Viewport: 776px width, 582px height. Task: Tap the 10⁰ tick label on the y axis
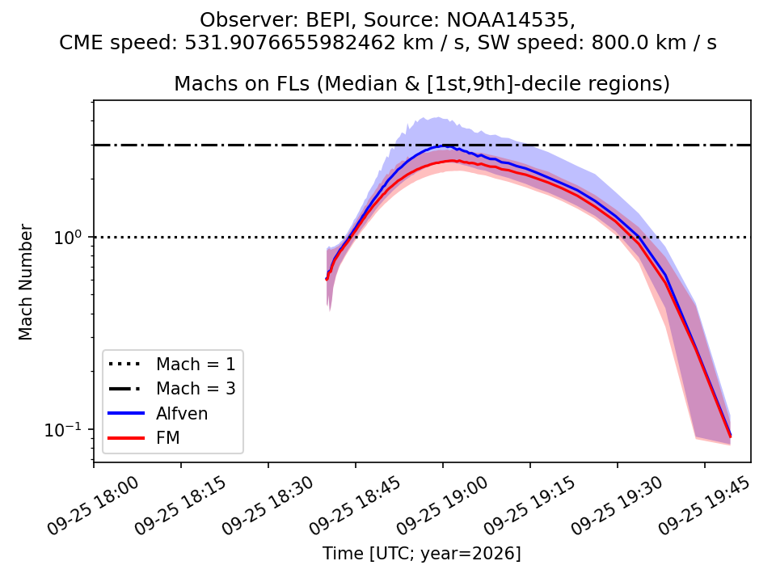[70, 237]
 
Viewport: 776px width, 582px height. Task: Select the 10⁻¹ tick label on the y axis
[65, 429]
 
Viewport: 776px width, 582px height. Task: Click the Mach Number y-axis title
[25, 282]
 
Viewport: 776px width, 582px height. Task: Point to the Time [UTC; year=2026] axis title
[422, 553]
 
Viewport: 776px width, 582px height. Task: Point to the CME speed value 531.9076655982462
[290, 43]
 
